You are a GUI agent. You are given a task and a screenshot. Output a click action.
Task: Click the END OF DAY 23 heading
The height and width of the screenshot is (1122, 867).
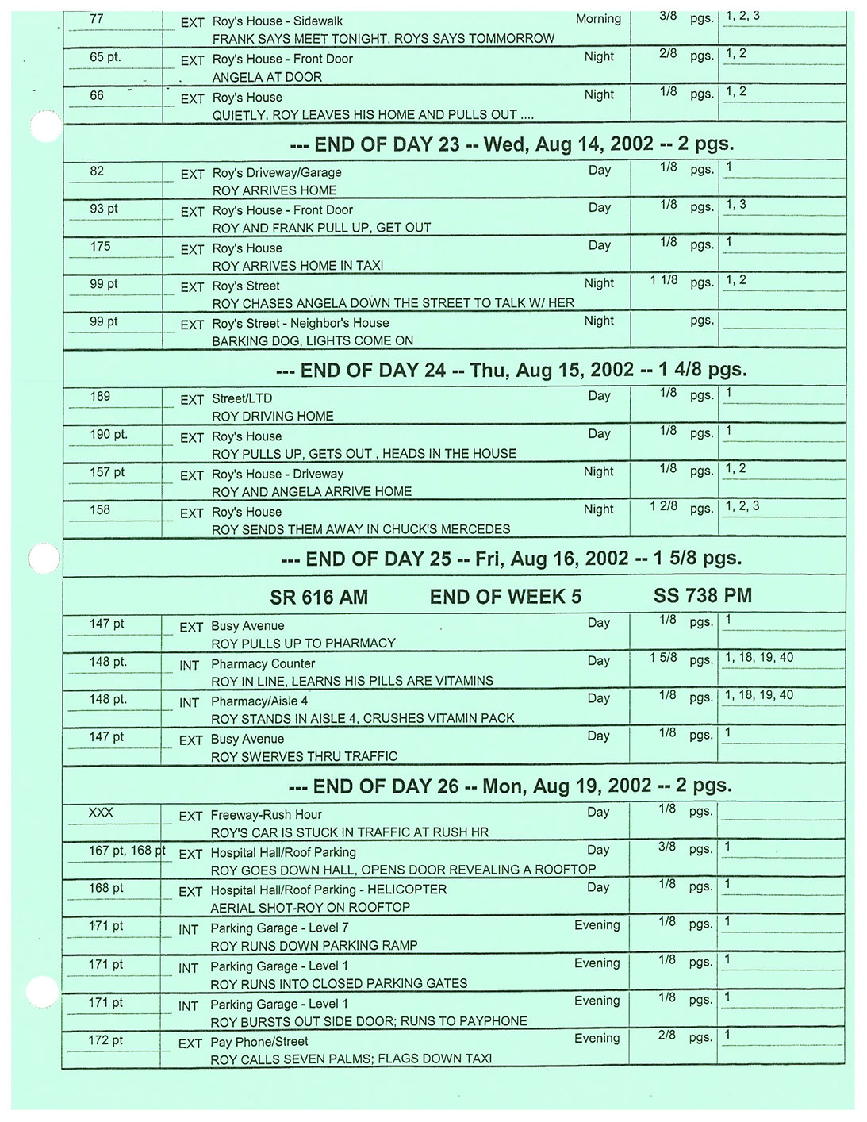tap(512, 144)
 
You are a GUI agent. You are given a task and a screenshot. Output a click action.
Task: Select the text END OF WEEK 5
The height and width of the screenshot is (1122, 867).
tap(505, 597)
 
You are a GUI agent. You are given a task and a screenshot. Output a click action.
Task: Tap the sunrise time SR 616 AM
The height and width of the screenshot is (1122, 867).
tap(319, 598)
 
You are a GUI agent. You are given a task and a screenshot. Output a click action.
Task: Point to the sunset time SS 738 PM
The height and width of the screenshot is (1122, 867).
tap(702, 596)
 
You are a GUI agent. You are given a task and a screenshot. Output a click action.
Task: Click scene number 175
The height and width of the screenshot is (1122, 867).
tap(101, 247)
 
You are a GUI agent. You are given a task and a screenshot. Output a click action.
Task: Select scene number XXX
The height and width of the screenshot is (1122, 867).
tap(101, 813)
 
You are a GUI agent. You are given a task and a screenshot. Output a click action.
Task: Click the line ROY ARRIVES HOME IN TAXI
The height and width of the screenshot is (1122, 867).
tap(297, 266)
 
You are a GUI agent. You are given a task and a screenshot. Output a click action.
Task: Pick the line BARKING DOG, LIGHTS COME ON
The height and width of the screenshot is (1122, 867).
tap(313, 341)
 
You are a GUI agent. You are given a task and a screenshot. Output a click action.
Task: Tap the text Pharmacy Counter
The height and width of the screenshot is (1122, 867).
tap(263, 664)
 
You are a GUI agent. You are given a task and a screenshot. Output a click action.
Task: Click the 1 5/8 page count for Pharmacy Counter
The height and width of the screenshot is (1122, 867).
tap(663, 659)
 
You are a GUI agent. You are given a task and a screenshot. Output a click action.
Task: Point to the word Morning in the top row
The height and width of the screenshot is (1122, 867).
tap(598, 19)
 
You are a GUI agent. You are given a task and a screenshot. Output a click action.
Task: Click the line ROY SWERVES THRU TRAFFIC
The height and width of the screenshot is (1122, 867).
tap(304, 757)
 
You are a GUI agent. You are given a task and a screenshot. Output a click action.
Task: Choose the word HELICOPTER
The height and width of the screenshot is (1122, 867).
tap(407, 890)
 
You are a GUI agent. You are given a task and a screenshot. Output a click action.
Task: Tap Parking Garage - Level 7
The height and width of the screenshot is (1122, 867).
tap(279, 928)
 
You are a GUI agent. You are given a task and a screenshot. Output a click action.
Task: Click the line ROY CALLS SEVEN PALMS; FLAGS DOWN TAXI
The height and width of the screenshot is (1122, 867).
tap(351, 1059)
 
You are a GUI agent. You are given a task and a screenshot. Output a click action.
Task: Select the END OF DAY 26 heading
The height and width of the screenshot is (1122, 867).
tap(510, 786)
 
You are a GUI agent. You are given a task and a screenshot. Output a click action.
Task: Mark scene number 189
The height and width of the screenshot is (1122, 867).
tap(101, 397)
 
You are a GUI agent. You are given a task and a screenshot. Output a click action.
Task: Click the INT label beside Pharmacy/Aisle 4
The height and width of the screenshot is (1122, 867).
tap(189, 703)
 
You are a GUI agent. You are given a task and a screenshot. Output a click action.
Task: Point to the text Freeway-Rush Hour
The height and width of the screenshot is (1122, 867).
tap(266, 815)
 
